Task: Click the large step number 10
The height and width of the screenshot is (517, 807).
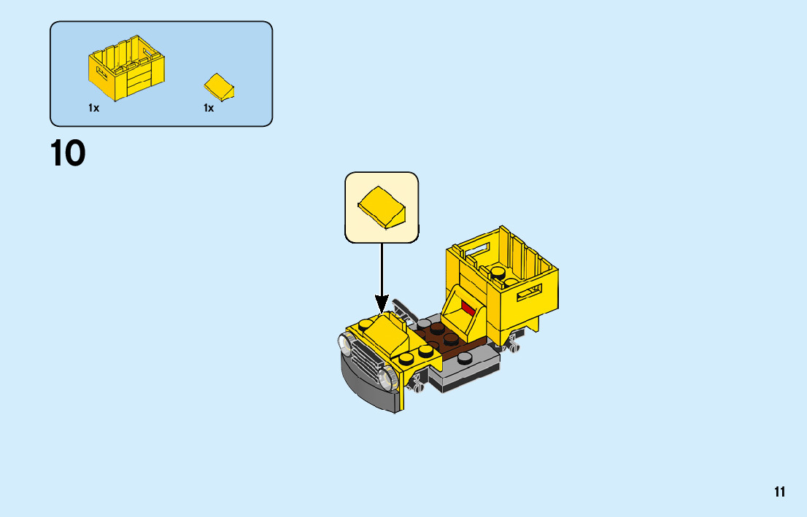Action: pos(68,153)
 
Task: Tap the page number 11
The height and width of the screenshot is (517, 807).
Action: pos(780,492)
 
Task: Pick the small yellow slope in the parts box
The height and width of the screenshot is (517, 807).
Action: pos(219,86)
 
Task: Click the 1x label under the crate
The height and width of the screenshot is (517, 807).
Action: pos(93,108)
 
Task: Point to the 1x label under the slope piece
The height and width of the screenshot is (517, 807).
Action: pos(209,108)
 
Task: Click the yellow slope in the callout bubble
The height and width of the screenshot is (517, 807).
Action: pos(382,206)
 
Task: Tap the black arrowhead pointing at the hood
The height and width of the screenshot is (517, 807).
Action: pos(382,303)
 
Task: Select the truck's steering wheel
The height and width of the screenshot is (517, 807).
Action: pos(403,310)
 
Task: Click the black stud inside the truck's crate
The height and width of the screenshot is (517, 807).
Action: pos(498,273)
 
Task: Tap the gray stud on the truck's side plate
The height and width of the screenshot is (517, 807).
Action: pos(465,357)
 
